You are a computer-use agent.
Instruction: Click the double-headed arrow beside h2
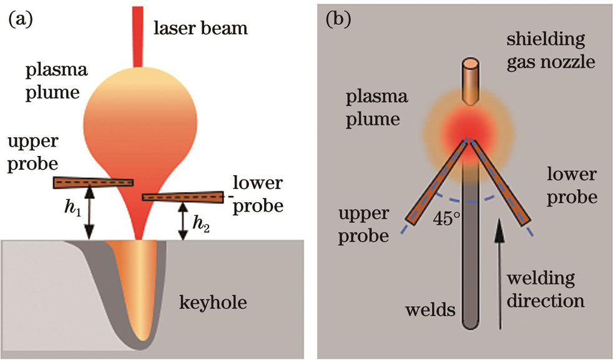pyautogui.click(x=182, y=220)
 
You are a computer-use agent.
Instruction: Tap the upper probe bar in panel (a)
pyautogui.click(x=93, y=182)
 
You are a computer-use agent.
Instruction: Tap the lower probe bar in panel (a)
pyautogui.click(x=182, y=197)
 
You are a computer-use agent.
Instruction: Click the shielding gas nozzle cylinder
pyautogui.click(x=469, y=81)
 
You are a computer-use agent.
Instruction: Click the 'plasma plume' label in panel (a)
pyautogui.click(x=52, y=80)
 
